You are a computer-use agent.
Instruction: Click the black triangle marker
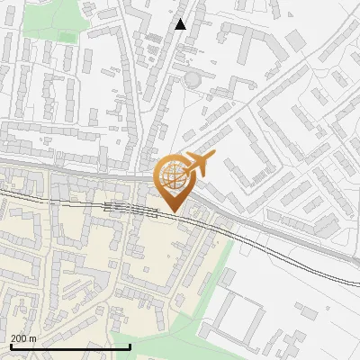181,24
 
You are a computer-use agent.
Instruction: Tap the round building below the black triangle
192,81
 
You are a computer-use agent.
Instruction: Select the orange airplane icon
199,165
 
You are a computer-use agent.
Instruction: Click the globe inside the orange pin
173,176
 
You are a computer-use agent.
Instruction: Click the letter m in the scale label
33,338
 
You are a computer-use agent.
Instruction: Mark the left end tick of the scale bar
10,346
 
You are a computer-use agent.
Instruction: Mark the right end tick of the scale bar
130,346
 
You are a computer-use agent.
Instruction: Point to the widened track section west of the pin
121,208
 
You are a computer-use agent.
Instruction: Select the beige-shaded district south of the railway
90,261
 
